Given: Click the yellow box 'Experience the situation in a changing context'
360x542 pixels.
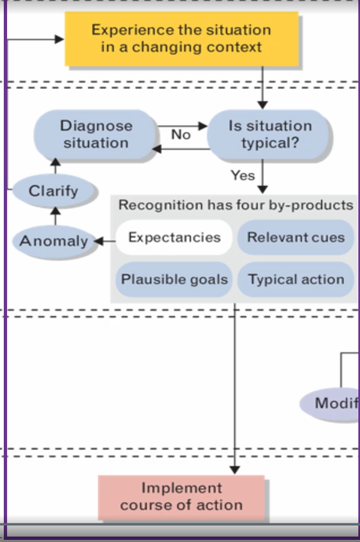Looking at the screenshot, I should pyautogui.click(x=182, y=39).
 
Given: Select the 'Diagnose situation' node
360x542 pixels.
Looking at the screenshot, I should pyautogui.click(x=96, y=134).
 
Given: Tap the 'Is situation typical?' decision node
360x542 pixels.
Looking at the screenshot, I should pyautogui.click(x=270, y=134).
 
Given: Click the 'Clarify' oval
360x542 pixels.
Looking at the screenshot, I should pyautogui.click(x=54, y=191).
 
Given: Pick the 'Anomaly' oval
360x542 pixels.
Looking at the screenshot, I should pyautogui.click(x=54, y=241).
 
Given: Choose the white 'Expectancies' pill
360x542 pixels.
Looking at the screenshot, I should pyautogui.click(x=174, y=238).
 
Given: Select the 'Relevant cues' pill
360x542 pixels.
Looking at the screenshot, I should pyautogui.click(x=296, y=238).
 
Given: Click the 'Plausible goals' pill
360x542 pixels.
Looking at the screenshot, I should pyautogui.click(x=174, y=280).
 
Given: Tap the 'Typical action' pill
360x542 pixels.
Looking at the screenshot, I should pyautogui.click(x=296, y=280).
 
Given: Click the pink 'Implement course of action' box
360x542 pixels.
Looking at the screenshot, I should pyautogui.click(x=181, y=497).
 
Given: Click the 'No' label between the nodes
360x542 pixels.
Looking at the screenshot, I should pyautogui.click(x=181, y=134).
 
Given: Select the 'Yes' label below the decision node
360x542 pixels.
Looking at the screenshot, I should pyautogui.click(x=242, y=175).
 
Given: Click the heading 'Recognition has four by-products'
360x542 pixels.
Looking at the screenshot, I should pyautogui.click(x=235, y=205).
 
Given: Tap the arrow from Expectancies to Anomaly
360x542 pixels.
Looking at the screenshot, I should pyautogui.click(x=105, y=241).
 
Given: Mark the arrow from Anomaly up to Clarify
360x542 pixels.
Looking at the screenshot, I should pyautogui.click(x=54, y=215).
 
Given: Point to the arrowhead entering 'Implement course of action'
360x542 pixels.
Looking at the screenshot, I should pyautogui.click(x=235, y=469).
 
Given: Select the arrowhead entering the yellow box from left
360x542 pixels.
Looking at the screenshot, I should pyautogui.click(x=59, y=39).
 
